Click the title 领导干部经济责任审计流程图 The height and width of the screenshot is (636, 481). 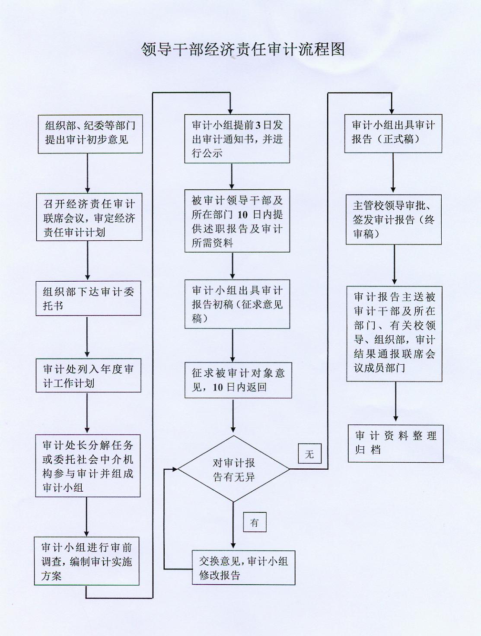(x=243, y=49)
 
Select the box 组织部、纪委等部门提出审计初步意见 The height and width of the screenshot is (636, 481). (x=90, y=134)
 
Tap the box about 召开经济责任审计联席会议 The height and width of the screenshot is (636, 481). (x=89, y=217)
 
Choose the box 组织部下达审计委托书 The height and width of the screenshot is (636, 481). (x=88, y=299)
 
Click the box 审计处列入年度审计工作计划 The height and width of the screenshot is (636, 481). (x=88, y=375)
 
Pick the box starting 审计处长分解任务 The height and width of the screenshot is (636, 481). (x=88, y=466)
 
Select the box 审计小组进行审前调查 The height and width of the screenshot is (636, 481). (x=87, y=561)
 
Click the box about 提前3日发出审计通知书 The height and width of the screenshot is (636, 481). (x=237, y=139)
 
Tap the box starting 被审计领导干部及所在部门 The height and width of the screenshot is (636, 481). (x=237, y=221)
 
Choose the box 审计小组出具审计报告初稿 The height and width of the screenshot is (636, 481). (x=237, y=304)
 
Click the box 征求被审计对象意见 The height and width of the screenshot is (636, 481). (x=238, y=380)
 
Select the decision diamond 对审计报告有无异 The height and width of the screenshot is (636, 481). (x=233, y=469)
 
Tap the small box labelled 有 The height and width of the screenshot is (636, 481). (x=255, y=522)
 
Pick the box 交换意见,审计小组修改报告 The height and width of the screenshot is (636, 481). (x=243, y=568)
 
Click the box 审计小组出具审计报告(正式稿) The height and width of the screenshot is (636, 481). (x=393, y=133)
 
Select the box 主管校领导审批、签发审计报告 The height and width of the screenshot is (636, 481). (x=393, y=219)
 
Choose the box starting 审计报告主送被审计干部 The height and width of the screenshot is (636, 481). (x=394, y=334)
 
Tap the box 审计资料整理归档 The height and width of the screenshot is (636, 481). (x=395, y=443)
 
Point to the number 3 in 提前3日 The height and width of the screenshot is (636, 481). (x=258, y=125)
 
